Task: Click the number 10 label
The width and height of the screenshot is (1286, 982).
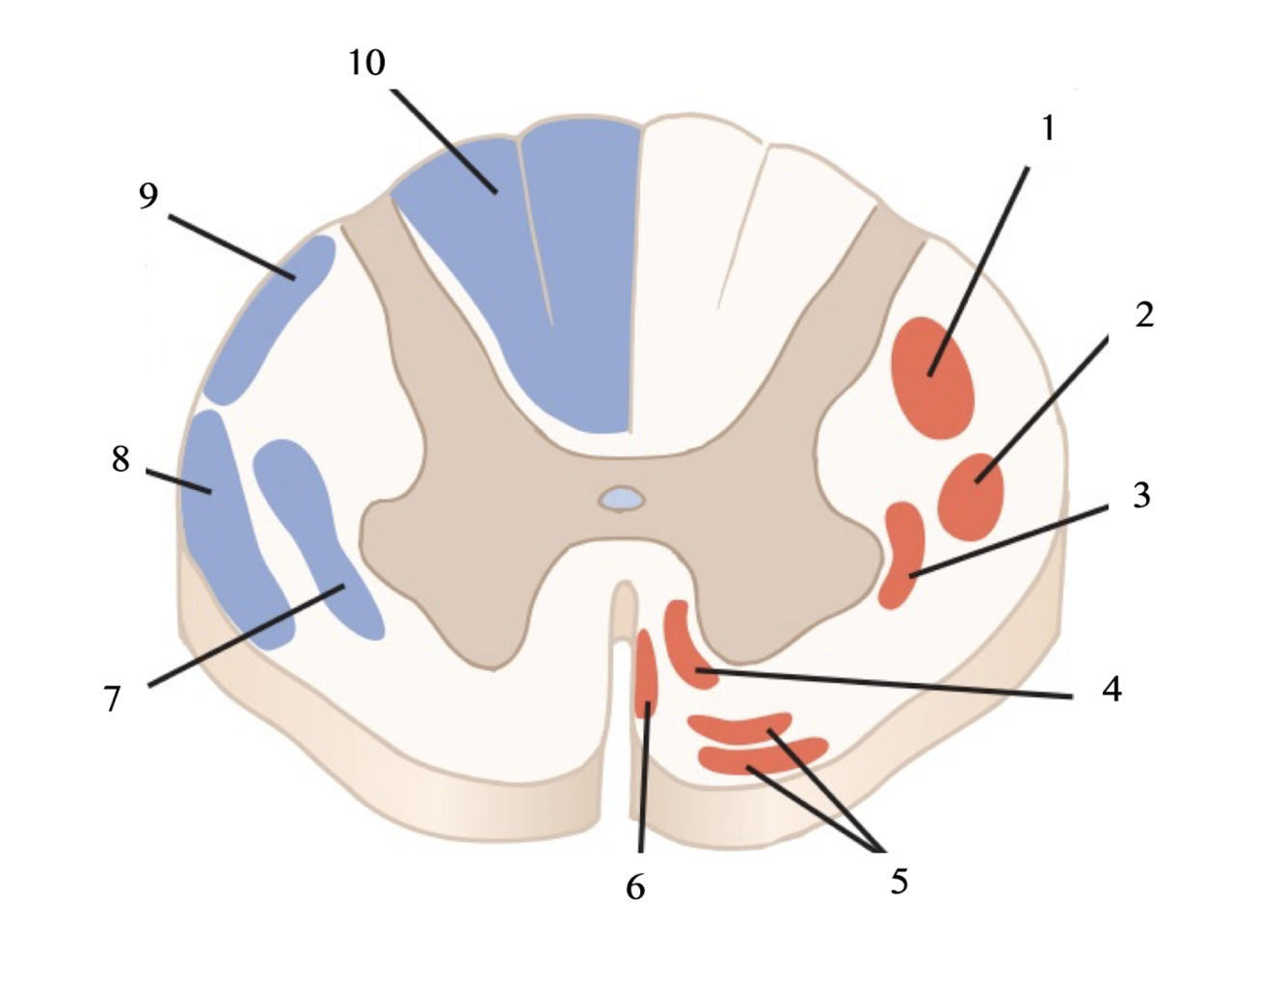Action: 366,63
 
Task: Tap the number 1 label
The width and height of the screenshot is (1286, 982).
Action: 1048,127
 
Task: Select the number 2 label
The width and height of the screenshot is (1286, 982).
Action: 1144,314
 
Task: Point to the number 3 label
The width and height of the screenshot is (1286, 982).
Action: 1141,495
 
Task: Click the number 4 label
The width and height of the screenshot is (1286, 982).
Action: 1112,689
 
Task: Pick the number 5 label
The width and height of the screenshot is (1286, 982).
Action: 898,880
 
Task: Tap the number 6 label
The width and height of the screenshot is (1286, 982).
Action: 634,887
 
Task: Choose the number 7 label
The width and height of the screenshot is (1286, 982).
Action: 113,697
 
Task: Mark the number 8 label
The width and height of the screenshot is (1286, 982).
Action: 121,458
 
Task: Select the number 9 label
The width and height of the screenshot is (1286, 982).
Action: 147,196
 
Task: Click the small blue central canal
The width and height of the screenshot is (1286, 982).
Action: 622,499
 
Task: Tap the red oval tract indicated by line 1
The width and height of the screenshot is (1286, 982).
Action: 932,378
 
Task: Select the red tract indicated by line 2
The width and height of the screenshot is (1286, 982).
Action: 971,496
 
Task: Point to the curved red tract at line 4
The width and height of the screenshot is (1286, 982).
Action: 688,644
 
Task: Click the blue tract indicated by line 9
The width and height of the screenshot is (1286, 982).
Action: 273,318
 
